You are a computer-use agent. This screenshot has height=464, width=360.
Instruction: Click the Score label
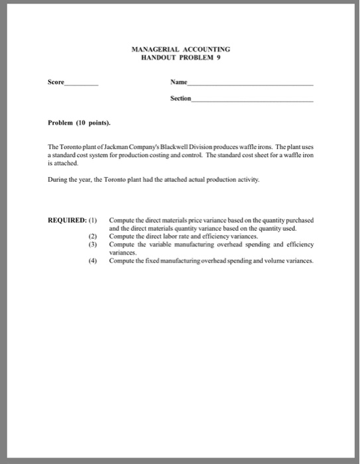point(56,84)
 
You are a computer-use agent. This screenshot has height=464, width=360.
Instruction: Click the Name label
point(179,84)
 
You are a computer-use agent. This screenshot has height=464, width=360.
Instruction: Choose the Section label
point(180,98)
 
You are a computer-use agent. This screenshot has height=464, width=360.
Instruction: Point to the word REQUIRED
point(66,219)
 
